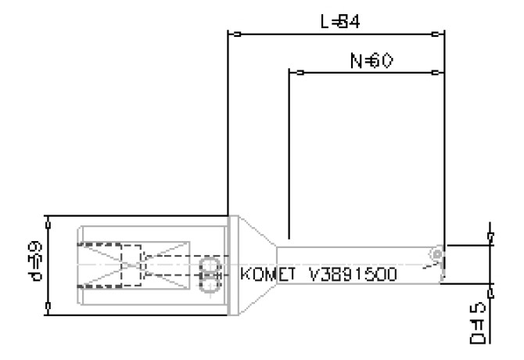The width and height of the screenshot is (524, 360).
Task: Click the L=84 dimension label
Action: click(339, 21)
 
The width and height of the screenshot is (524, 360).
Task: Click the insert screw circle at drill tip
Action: click(435, 255)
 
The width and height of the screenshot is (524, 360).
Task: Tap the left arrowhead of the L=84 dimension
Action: click(232, 34)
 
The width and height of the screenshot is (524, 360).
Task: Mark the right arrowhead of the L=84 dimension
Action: click(439, 34)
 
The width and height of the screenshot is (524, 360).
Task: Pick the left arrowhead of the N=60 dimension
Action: click(294, 74)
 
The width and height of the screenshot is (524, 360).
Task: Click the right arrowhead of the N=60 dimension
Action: click(439, 74)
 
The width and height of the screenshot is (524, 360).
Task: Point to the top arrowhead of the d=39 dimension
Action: click(49, 220)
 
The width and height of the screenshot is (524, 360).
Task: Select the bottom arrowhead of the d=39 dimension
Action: click(49, 311)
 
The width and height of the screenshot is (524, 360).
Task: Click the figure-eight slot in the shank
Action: click(209, 275)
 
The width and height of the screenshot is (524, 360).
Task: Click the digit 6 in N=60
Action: click(375, 61)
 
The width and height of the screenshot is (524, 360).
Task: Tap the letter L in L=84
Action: click(325, 21)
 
